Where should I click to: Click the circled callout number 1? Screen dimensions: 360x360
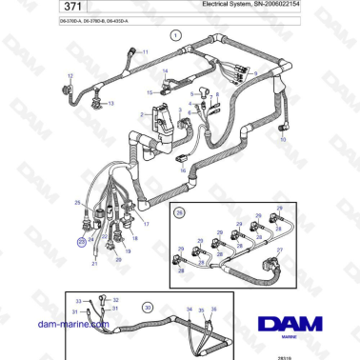175,34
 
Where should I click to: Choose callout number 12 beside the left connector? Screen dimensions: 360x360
69,74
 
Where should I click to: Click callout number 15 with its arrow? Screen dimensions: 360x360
150,92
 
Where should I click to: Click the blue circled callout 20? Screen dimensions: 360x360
82,243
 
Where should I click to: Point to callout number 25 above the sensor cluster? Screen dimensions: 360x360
77,203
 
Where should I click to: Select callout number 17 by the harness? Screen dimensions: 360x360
146,223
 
